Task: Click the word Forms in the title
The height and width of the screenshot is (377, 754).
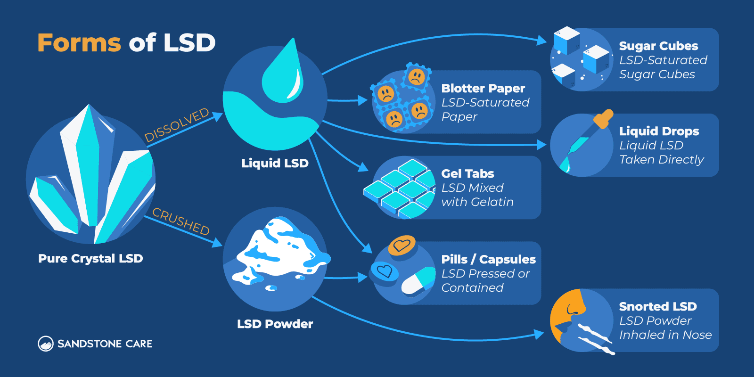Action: pyautogui.click(x=79, y=43)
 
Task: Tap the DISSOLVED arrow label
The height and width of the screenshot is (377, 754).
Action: pyautogui.click(x=176, y=125)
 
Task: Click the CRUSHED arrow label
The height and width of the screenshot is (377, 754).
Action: pyautogui.click(x=181, y=221)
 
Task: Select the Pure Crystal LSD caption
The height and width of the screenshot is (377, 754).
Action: pyautogui.click(x=90, y=258)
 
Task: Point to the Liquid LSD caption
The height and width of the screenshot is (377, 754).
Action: pyautogui.click(x=275, y=163)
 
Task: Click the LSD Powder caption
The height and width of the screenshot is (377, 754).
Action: pyautogui.click(x=275, y=324)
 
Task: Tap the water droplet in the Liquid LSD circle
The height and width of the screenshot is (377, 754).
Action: pyautogui.click(x=283, y=75)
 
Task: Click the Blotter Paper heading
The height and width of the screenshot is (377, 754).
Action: pyautogui.click(x=483, y=88)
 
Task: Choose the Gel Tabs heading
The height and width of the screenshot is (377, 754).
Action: pyautogui.click(x=467, y=173)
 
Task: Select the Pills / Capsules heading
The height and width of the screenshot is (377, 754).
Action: pyautogui.click(x=488, y=259)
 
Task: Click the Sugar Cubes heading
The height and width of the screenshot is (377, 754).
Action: pyautogui.click(x=658, y=46)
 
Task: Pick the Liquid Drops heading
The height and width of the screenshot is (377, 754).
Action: pyautogui.click(x=659, y=131)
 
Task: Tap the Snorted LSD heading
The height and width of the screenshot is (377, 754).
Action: pyautogui.click(x=657, y=306)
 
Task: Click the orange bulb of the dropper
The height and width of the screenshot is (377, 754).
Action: pyautogui.click(x=604, y=119)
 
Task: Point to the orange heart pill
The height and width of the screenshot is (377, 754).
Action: pyautogui.click(x=402, y=245)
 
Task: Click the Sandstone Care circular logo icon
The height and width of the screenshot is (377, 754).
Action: pyautogui.click(x=46, y=344)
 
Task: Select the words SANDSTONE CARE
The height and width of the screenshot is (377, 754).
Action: pyautogui.click(x=105, y=344)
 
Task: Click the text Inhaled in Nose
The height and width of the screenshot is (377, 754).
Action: pyautogui.click(x=665, y=335)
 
